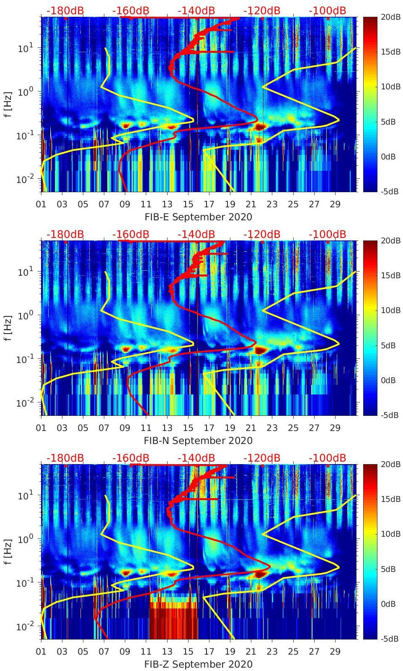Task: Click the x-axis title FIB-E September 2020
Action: click(198, 217)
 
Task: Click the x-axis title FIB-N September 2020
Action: click(198, 441)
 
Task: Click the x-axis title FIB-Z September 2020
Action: click(198, 664)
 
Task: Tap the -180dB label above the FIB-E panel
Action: click(65, 10)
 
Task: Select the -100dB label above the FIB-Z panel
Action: click(328, 458)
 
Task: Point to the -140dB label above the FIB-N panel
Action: click(196, 234)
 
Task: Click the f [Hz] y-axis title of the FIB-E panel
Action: click(8, 104)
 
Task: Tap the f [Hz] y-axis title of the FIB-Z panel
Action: click(8, 551)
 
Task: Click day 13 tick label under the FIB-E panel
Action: click(167, 204)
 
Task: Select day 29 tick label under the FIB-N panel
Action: click(335, 428)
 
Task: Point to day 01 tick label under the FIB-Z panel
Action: click(41, 652)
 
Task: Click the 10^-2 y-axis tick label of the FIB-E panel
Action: click(25, 179)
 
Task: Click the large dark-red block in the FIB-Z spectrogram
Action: click(173, 621)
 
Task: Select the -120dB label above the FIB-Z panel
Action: click(262, 458)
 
